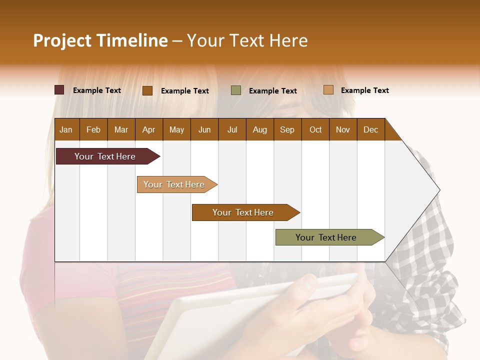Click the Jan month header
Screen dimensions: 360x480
pyautogui.click(x=66, y=129)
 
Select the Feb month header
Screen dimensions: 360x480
pyautogui.click(x=93, y=129)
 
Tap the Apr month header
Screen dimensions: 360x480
pyautogui.click(x=148, y=129)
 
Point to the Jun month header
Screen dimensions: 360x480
pyautogui.click(x=204, y=129)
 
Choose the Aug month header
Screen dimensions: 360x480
pyautogui.click(x=259, y=129)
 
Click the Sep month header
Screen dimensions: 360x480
pyautogui.click(x=287, y=129)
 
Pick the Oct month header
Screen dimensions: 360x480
pyautogui.click(x=315, y=129)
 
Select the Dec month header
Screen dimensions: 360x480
pyautogui.click(x=370, y=129)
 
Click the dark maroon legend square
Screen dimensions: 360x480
pyautogui.click(x=59, y=90)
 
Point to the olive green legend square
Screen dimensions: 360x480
pyautogui.click(x=236, y=90)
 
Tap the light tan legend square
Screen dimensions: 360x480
pyautogui.click(x=328, y=90)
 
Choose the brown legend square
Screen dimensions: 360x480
pyautogui.click(x=147, y=90)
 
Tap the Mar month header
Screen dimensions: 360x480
pyautogui.click(x=121, y=129)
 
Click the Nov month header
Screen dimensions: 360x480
pyautogui.click(x=342, y=129)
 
